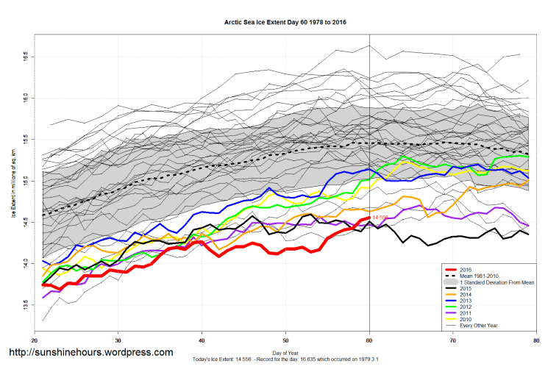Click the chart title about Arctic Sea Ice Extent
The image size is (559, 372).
coord(285,22)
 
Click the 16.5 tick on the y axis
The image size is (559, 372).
coord(25,56)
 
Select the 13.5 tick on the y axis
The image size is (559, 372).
coord(25,304)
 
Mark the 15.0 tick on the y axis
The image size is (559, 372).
coord(25,179)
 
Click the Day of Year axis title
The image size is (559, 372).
coord(285,354)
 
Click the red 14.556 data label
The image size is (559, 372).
coord(380,218)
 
